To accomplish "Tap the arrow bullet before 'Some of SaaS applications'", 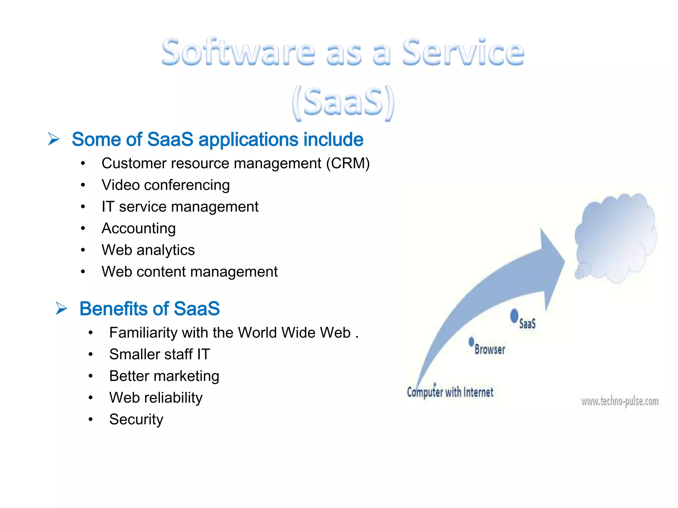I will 54,139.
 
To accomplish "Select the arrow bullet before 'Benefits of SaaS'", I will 61,308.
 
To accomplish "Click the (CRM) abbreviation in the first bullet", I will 348,163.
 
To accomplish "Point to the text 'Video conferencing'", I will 166,185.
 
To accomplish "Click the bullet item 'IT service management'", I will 180,207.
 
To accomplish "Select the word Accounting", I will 138,229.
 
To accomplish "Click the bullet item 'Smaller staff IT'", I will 160,354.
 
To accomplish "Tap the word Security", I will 136,419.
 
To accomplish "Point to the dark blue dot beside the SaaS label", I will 514,316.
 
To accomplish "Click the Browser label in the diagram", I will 490,349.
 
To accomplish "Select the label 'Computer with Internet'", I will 450,392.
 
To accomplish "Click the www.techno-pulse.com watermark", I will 620,402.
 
